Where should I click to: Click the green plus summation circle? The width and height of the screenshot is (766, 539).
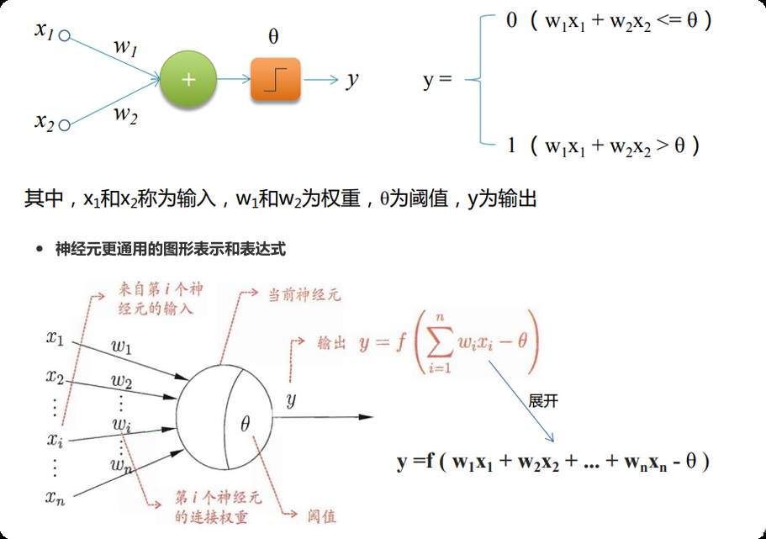tap(188, 80)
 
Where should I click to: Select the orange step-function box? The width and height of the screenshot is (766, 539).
tap(275, 80)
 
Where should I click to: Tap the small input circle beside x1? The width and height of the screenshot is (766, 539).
tap(64, 36)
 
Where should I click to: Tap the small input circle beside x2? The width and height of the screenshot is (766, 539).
tap(64, 125)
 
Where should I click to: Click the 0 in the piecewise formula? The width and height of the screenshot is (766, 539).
tap(511, 21)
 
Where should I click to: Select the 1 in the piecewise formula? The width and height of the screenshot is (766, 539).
tap(511, 145)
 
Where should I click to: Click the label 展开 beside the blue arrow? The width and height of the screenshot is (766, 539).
tap(544, 401)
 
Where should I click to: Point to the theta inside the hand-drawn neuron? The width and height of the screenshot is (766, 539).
tap(245, 424)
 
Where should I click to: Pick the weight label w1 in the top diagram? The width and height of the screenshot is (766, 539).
tap(125, 47)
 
